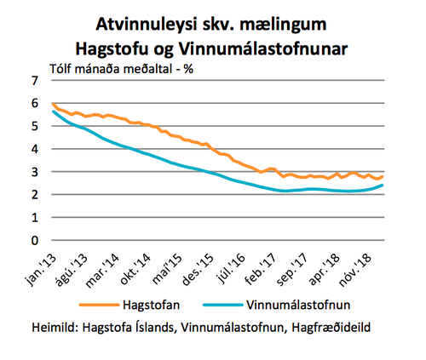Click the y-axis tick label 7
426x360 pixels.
(35, 81)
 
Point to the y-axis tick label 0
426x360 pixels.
(35, 241)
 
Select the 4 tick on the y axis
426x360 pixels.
(35, 149)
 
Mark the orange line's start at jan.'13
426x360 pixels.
(52, 104)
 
